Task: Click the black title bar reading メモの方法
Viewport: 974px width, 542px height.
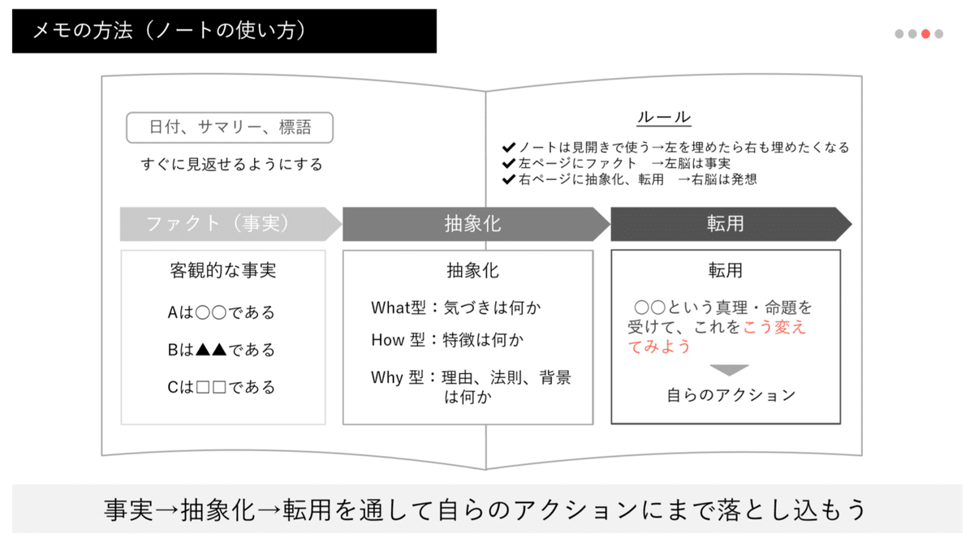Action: click(x=224, y=31)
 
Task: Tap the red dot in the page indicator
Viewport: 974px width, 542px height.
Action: click(x=926, y=34)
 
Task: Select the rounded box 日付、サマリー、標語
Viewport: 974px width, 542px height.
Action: click(x=230, y=127)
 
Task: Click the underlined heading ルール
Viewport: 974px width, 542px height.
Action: click(x=663, y=117)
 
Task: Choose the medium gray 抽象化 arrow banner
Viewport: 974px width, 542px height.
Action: click(x=474, y=224)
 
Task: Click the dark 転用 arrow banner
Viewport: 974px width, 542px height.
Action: click(x=726, y=224)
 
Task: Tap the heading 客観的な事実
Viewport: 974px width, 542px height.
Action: click(x=223, y=270)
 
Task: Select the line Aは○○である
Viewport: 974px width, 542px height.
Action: click(x=222, y=312)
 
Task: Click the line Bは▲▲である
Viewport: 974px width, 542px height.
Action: click(x=222, y=350)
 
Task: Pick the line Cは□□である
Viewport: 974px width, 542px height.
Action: click(x=222, y=387)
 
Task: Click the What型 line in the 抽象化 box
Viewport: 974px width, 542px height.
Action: click(x=455, y=308)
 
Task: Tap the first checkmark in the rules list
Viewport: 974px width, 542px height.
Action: click(x=509, y=148)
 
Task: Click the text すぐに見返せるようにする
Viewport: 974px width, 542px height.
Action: click(x=231, y=165)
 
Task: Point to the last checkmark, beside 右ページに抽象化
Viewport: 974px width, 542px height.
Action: click(x=509, y=179)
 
